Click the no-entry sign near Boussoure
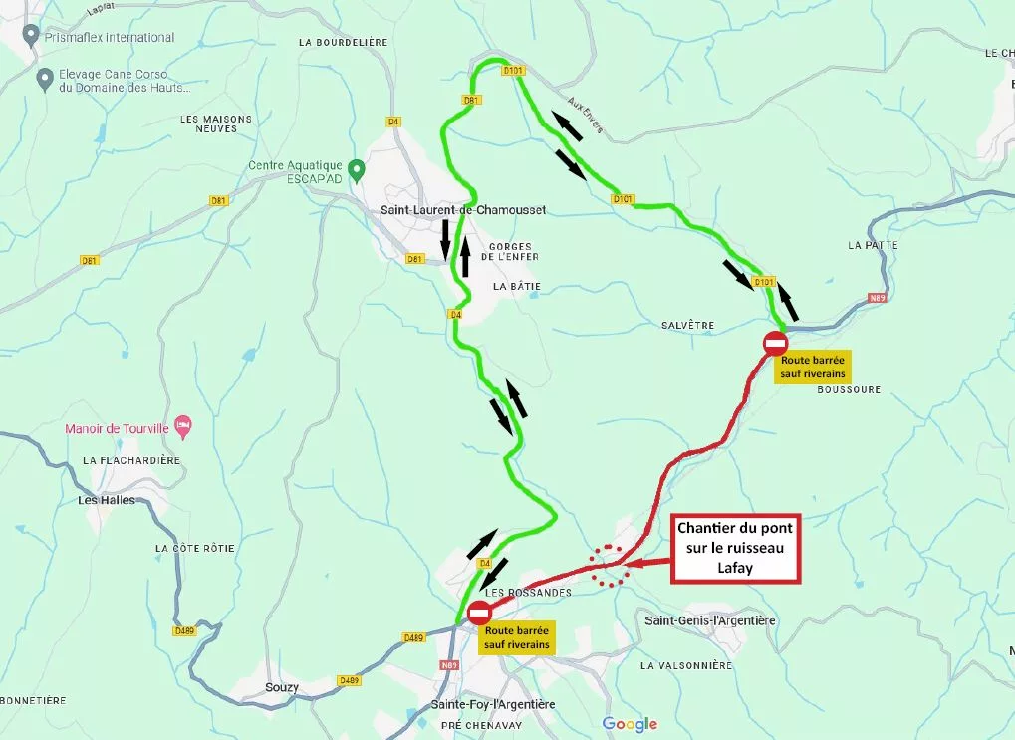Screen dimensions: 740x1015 click(x=776, y=343)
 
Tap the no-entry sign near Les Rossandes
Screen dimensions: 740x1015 click(x=479, y=613)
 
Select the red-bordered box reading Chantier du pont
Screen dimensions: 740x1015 click(x=736, y=548)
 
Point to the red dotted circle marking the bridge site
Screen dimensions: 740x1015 click(x=608, y=566)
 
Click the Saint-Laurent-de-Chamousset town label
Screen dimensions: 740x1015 click(x=463, y=210)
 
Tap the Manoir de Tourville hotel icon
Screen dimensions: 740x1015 click(x=181, y=426)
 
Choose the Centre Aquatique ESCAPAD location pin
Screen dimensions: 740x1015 click(x=354, y=171)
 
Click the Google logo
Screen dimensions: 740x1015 click(x=630, y=724)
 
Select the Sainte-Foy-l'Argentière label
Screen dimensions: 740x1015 click(x=492, y=704)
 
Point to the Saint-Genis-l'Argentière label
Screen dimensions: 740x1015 click(x=710, y=620)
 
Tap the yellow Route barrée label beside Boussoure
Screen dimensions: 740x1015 click(x=813, y=368)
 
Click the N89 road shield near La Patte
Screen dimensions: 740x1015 click(x=877, y=297)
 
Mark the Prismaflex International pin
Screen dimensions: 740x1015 click(x=32, y=37)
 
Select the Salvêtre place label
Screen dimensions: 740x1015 click(x=687, y=326)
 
